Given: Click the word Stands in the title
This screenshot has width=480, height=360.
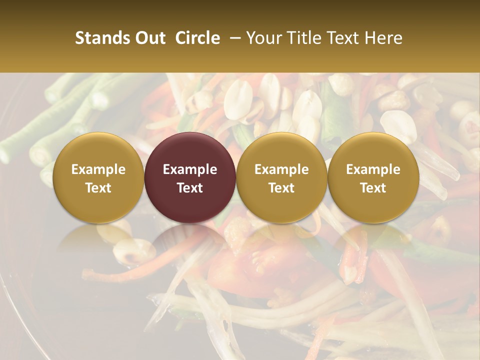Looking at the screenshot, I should point(99,38).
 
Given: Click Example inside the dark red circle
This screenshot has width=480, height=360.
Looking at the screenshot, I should point(190,169).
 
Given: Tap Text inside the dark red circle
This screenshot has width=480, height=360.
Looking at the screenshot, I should point(190,188).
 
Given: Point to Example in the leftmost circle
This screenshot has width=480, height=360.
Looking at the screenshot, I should point(98,169).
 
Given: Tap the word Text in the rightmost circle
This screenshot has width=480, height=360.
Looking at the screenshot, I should point(373,188).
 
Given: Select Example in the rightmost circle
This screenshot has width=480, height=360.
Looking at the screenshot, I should point(373,169).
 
